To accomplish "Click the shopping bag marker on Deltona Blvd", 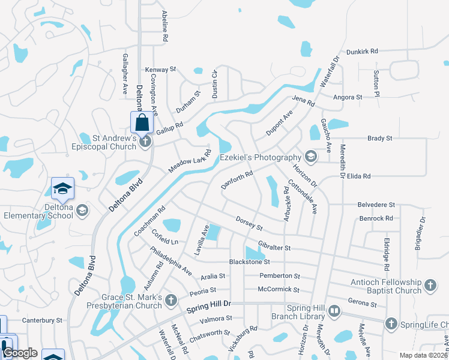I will click(142, 122).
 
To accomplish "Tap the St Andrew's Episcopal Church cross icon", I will click(145, 142).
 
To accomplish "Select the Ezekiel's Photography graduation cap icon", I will click(310, 157).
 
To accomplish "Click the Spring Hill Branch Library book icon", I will click(334, 311).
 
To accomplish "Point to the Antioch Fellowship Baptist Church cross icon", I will click(430, 285).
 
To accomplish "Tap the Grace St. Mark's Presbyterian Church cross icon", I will click(172, 299).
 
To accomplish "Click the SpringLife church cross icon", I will click(391, 324).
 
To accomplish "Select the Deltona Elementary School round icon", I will click(82, 210).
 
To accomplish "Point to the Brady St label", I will click(379, 138).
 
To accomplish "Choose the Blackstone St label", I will click(250, 262).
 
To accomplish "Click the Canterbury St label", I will click(42, 320).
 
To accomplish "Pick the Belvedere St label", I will click(376, 205).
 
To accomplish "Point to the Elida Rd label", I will click(358, 176).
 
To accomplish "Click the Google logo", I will click(20, 353).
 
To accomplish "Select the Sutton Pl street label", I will click(376, 83).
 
